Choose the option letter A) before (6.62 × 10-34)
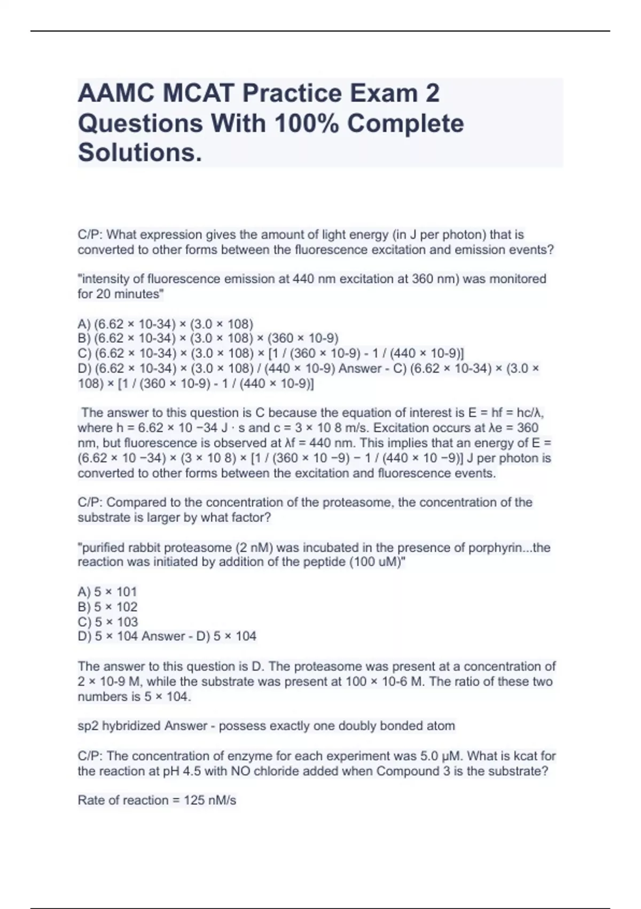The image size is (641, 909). coord(84,324)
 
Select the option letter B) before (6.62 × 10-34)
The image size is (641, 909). coord(84,338)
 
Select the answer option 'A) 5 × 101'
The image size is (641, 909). coord(107,592)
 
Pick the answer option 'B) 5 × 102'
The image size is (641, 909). coord(107,607)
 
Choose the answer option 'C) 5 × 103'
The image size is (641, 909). coord(107,622)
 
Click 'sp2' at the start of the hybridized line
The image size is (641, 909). coord(88,726)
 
